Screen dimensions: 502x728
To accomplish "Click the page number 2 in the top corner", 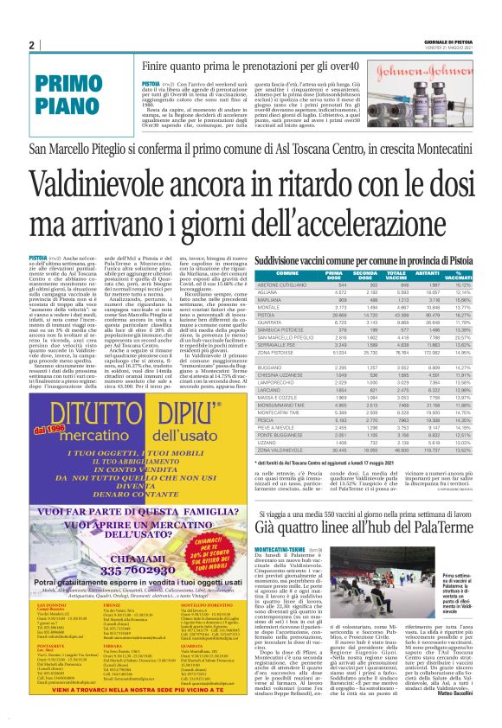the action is pyautogui.click(x=31, y=45).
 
